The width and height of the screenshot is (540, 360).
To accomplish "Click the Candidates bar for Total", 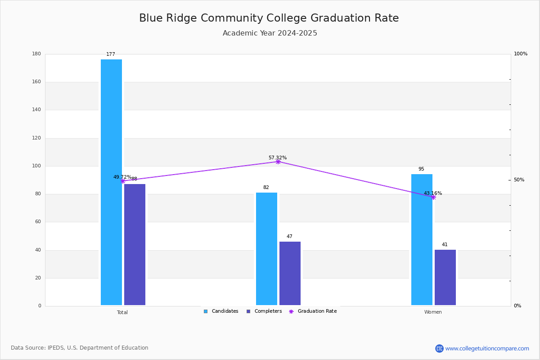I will (x=111, y=182).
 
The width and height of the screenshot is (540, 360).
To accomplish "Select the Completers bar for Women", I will (x=445, y=277).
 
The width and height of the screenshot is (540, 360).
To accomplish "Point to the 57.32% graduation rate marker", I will (x=278, y=162).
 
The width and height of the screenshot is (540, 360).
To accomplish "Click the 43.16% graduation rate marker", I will (x=433, y=197).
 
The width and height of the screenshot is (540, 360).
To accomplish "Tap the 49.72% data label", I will (x=122, y=177).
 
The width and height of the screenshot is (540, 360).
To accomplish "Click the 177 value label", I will (x=111, y=54).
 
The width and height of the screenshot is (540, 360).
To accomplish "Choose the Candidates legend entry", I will (x=221, y=311).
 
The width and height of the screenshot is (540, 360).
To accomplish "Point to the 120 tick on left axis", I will (x=36, y=138).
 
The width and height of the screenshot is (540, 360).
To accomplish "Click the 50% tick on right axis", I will (x=519, y=180).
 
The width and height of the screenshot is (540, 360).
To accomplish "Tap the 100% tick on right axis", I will (x=520, y=54).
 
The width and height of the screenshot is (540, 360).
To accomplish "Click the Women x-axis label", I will (x=433, y=312).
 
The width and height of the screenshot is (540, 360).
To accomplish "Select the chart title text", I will (x=269, y=18).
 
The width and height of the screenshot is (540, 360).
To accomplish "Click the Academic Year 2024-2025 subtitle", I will (x=270, y=33).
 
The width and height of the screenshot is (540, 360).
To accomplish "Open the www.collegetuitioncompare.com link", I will (x=487, y=348).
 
